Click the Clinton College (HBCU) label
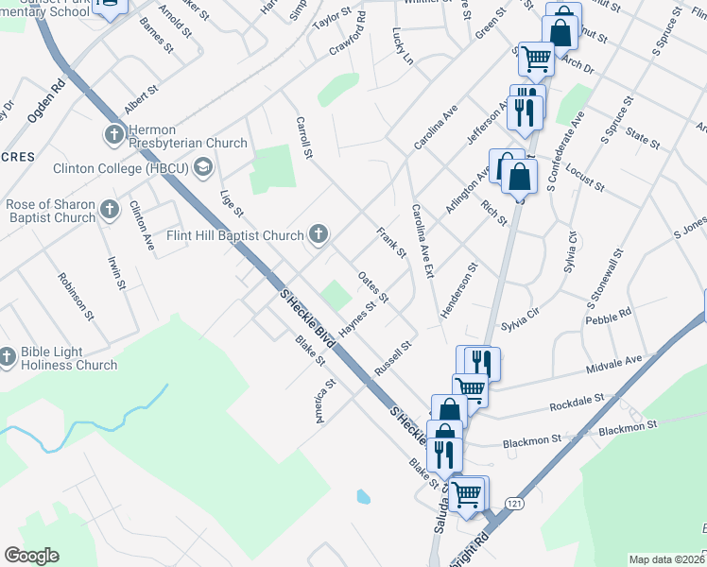pos(109,168)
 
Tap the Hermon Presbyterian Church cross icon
pos(114,133)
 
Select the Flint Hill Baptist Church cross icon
pos(319,234)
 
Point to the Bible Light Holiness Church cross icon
pos(8,356)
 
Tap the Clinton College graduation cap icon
pos(202,168)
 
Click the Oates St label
pos(373,287)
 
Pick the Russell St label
pos(394,359)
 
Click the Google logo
pos(31,556)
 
